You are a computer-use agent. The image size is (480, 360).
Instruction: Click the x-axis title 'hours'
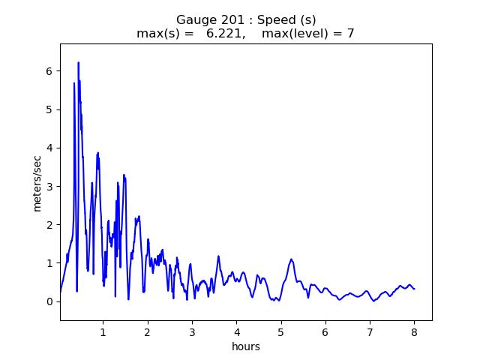pos(246,346)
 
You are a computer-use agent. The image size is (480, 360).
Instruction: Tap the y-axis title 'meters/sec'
pos(37,182)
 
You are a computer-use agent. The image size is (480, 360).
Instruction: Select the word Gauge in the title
pos(194,20)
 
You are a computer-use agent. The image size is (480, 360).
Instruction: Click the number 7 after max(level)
pos(350,34)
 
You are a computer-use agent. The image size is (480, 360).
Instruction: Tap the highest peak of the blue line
pos(78,63)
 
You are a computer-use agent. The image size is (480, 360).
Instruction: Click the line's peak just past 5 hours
pos(291,259)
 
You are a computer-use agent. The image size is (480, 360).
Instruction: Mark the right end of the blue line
pos(414,289)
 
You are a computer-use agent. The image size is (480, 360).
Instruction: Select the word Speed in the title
pos(274,20)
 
